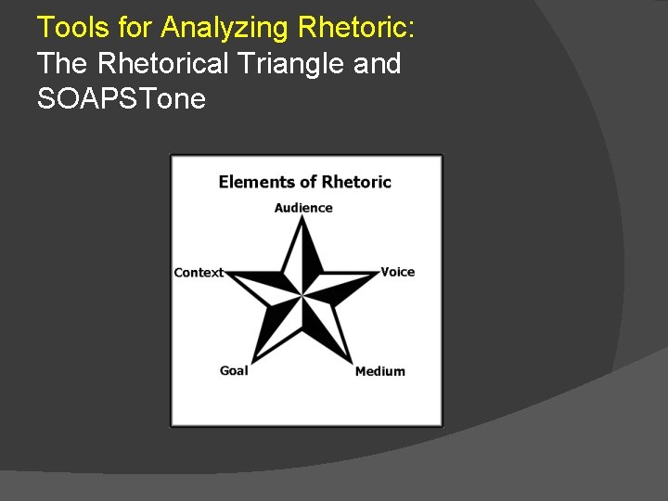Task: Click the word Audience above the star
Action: [302, 208]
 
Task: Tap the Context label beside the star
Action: [199, 273]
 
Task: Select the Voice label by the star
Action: [397, 272]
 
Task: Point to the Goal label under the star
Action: [234, 370]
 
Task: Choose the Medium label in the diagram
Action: [379, 371]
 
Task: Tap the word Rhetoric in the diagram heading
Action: [356, 182]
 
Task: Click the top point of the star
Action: [302, 219]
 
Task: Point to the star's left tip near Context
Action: [225, 274]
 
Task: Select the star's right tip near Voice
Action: [379, 274]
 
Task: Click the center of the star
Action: [302, 296]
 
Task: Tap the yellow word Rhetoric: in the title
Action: [356, 28]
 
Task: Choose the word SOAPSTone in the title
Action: [121, 98]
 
